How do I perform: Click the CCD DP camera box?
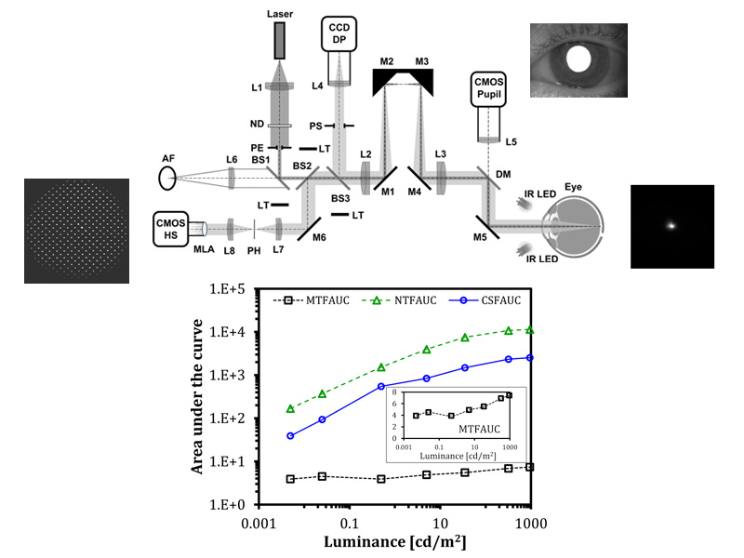pos(339,33)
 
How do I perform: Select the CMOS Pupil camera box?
pos(488,89)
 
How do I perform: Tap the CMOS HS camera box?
pos(170,229)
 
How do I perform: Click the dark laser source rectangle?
pos(280,41)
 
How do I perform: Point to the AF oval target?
pos(167,179)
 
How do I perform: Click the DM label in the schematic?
pos(503,174)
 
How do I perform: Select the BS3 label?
pos(340,198)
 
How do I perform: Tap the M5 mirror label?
pos(480,236)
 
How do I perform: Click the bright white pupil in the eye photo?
pos(578,59)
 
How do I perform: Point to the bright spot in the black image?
pos(671,225)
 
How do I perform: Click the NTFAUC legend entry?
pos(399,300)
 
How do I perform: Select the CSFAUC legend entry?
pos(485,300)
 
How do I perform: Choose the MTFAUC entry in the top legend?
pos(312,300)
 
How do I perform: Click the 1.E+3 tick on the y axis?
pos(227,376)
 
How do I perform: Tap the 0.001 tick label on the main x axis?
pos(259,524)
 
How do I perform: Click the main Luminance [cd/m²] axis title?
pos(395,542)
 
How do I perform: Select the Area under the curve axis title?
pos(197,396)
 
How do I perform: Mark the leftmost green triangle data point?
pos(290,408)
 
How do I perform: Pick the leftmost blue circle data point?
pos(290,435)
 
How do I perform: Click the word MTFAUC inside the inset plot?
pos(479,429)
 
